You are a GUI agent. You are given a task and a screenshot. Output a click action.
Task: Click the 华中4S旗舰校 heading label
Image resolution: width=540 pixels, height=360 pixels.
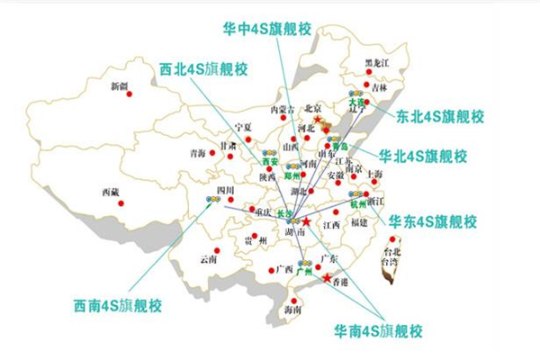click(268, 27)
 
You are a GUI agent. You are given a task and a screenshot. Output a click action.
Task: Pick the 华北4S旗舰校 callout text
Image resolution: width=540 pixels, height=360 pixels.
click(423, 156)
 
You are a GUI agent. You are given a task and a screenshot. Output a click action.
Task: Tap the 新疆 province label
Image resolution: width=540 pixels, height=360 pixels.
click(119, 86)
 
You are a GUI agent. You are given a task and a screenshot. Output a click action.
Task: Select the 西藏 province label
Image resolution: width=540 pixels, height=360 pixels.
click(111, 192)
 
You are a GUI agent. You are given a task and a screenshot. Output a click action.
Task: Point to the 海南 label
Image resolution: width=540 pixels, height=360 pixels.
click(292, 310)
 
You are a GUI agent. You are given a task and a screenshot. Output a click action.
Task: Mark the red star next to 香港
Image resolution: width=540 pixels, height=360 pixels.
click(326, 279)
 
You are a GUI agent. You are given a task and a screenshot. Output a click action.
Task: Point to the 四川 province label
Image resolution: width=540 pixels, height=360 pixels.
click(225, 190)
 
